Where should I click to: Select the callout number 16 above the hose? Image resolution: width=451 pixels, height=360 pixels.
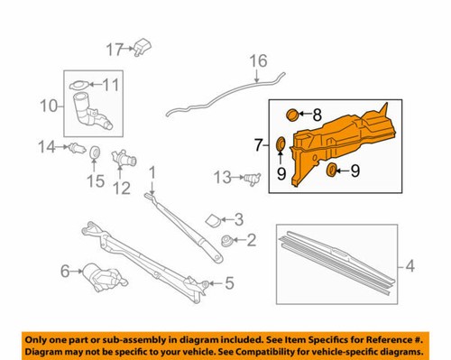(259, 61)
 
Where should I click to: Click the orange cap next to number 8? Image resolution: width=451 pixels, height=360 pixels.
(290, 115)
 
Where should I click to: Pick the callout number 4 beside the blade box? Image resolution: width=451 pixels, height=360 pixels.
(410, 266)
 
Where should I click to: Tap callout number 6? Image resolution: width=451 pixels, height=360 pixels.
(66, 270)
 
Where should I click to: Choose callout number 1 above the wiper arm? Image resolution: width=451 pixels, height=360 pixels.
(152, 171)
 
